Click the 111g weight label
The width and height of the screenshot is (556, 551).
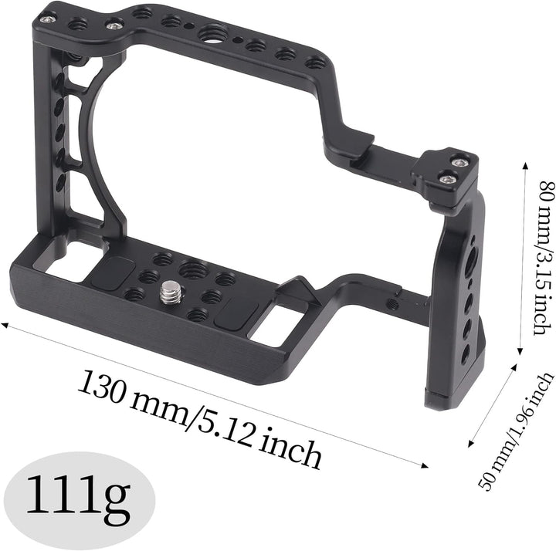point(77,500)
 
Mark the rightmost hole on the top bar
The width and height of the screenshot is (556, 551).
point(314,62)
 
